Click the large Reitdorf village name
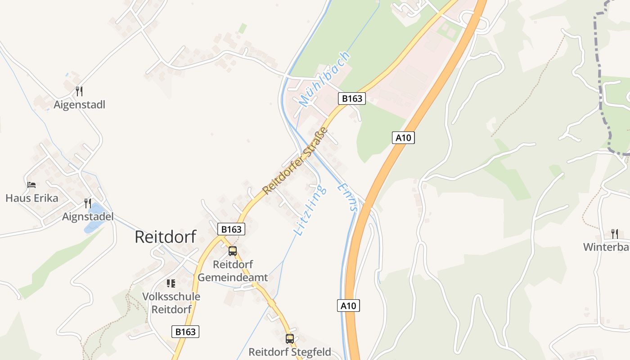click(165, 237)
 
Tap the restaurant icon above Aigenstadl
click(79, 91)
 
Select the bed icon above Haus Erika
click(31, 185)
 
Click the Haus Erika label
click(32, 198)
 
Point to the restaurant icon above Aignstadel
click(88, 203)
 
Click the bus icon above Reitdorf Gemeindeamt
click(233, 251)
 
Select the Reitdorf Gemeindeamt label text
click(233, 271)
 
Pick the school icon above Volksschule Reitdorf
click(171, 283)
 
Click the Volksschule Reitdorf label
click(171, 303)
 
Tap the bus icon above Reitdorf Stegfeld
click(290, 338)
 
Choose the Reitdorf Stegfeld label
click(290, 352)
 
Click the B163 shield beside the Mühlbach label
click(352, 99)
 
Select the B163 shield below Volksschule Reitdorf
click(185, 332)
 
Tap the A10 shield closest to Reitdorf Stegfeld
click(348, 306)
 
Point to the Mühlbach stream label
click(324, 80)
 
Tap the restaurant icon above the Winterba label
click(614, 234)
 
